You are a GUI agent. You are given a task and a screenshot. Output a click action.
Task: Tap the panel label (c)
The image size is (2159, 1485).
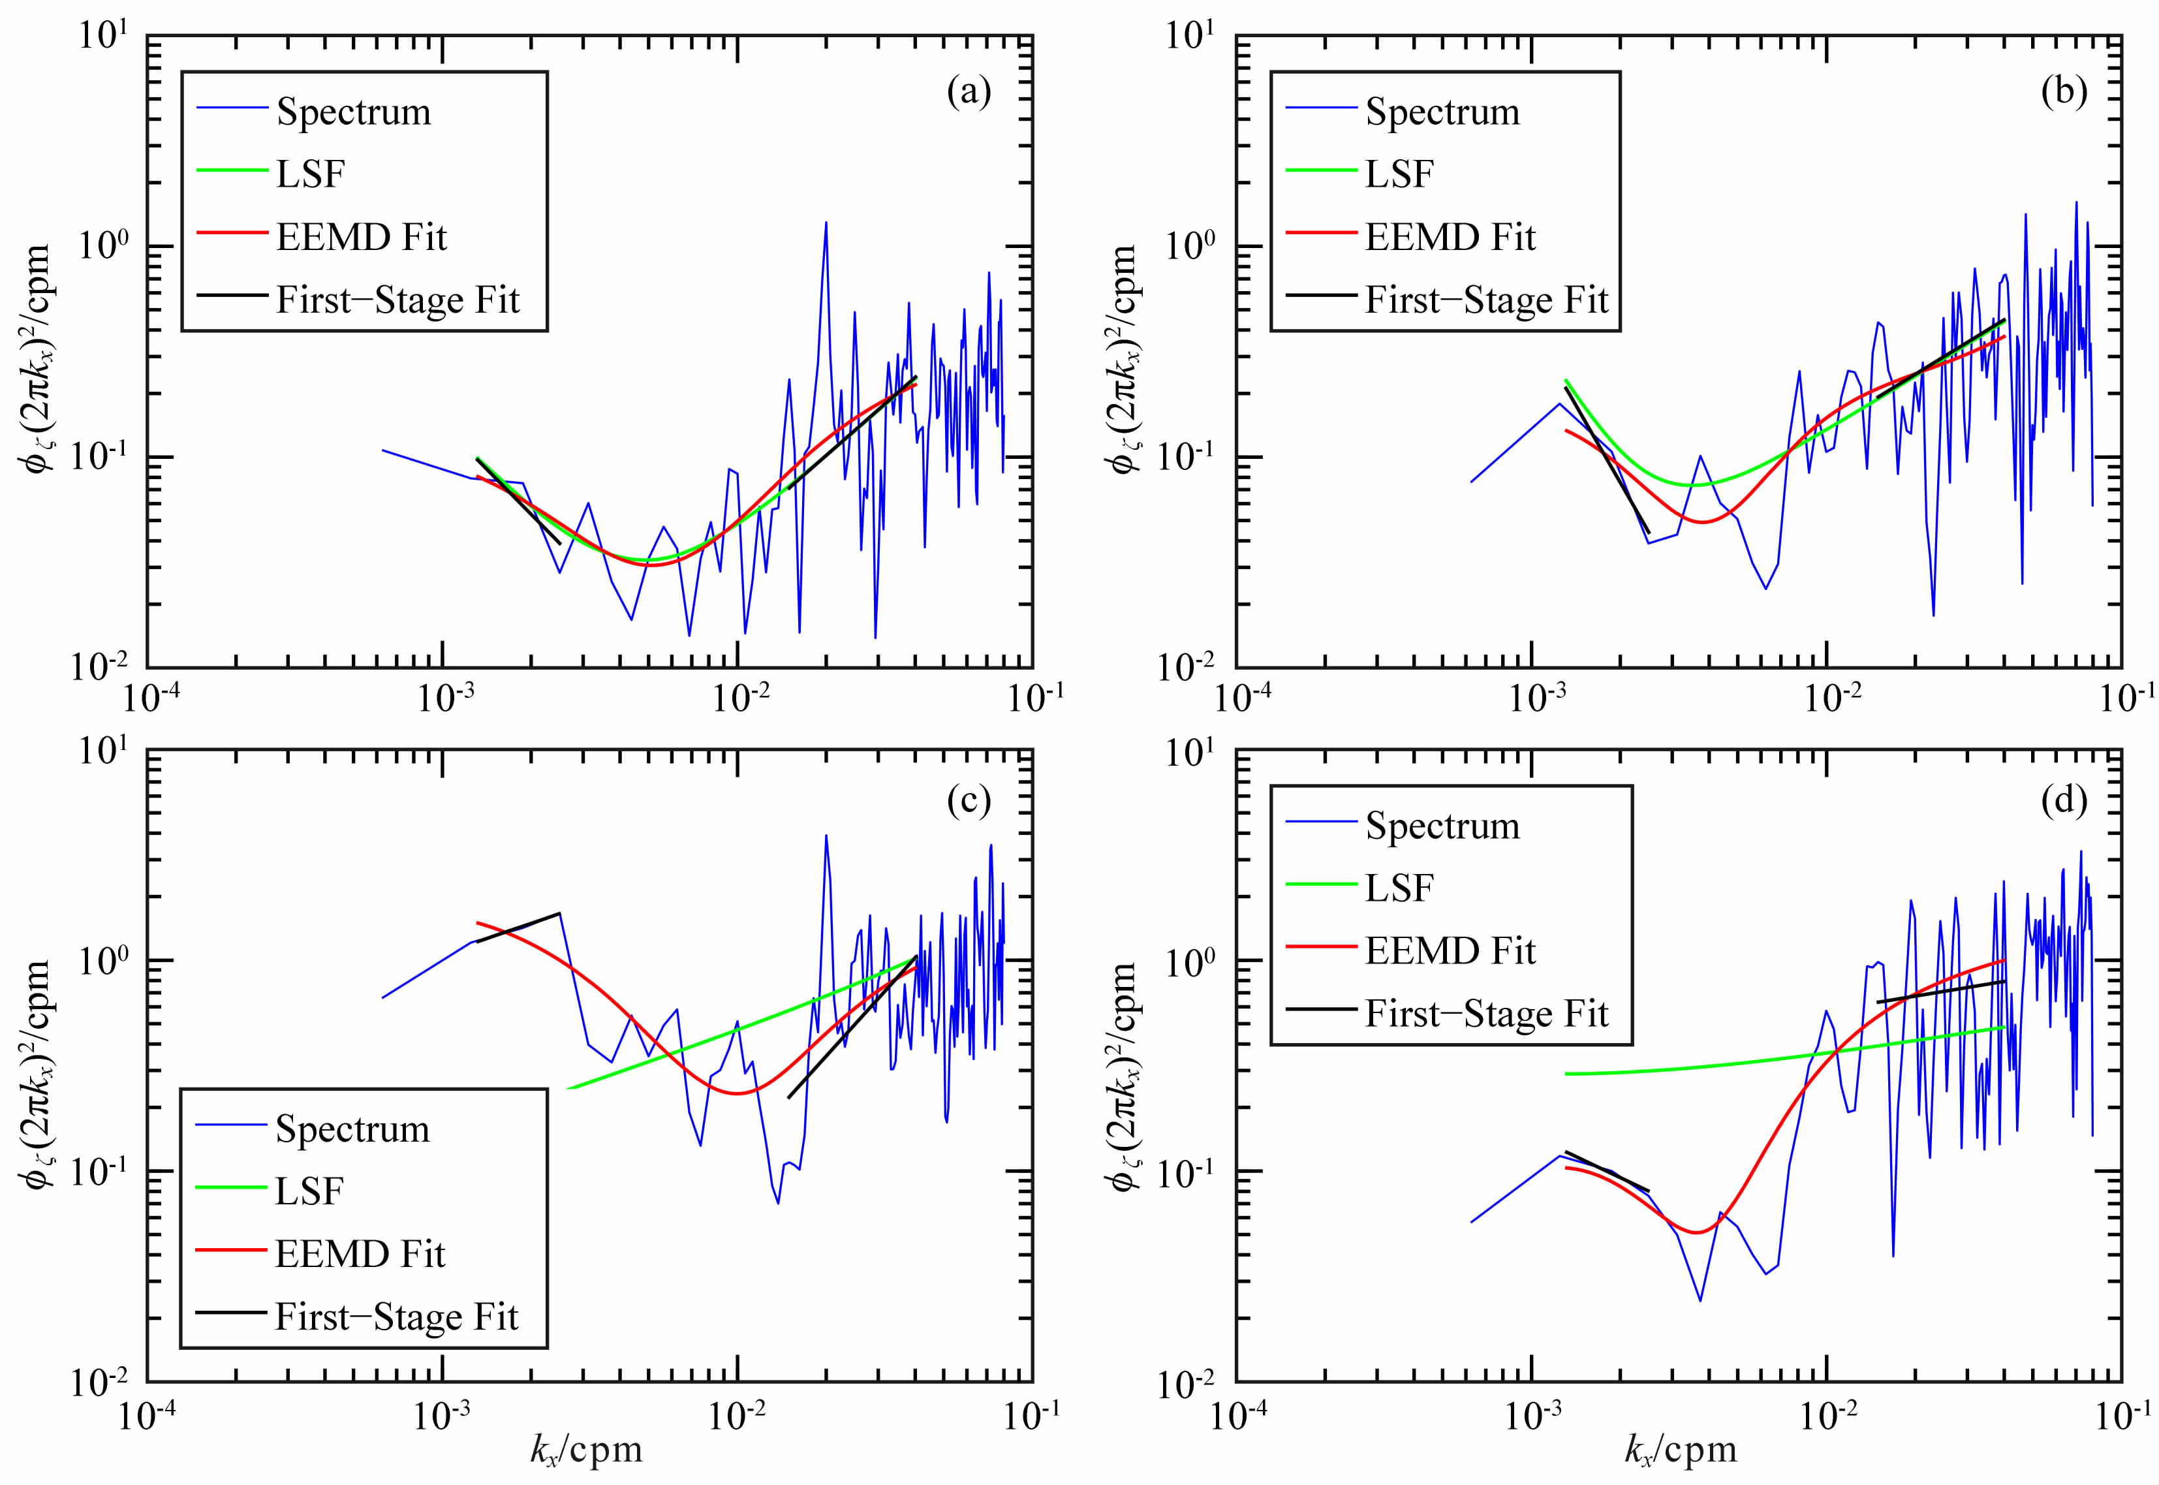pyautogui.click(x=969, y=801)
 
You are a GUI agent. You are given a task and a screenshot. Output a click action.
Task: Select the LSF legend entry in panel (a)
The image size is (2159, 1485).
pyautogui.click(x=311, y=174)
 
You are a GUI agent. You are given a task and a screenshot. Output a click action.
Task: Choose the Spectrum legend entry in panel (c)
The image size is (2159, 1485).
pyautogui.click(x=352, y=1129)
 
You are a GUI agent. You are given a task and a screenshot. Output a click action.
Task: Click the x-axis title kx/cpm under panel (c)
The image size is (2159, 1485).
pyautogui.click(x=586, y=1448)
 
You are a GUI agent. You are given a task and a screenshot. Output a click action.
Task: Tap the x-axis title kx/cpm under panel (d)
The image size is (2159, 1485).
pyautogui.click(x=1680, y=1448)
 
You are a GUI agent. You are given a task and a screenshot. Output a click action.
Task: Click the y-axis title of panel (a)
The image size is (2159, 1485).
pyautogui.click(x=38, y=358)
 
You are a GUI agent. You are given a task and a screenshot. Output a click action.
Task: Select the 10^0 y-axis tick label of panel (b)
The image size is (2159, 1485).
pyautogui.click(x=1190, y=247)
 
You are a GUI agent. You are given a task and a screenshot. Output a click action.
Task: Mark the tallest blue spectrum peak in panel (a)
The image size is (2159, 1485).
pyautogui.click(x=825, y=223)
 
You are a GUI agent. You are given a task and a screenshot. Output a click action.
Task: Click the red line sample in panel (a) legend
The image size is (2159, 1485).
pyautogui.click(x=232, y=232)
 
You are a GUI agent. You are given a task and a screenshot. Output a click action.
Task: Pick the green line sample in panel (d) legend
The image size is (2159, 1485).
pyautogui.click(x=1321, y=885)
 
